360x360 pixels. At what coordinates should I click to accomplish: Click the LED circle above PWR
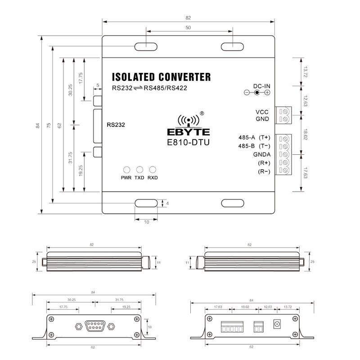tap(126, 170)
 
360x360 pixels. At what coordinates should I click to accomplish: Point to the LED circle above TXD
tap(139, 170)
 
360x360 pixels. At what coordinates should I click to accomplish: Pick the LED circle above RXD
tap(153, 170)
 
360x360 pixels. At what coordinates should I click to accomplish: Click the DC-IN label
tap(261, 85)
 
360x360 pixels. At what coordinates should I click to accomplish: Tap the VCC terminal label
tap(262, 112)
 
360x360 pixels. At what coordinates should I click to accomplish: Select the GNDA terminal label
tap(261, 154)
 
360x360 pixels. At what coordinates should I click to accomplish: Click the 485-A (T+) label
tap(254, 137)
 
